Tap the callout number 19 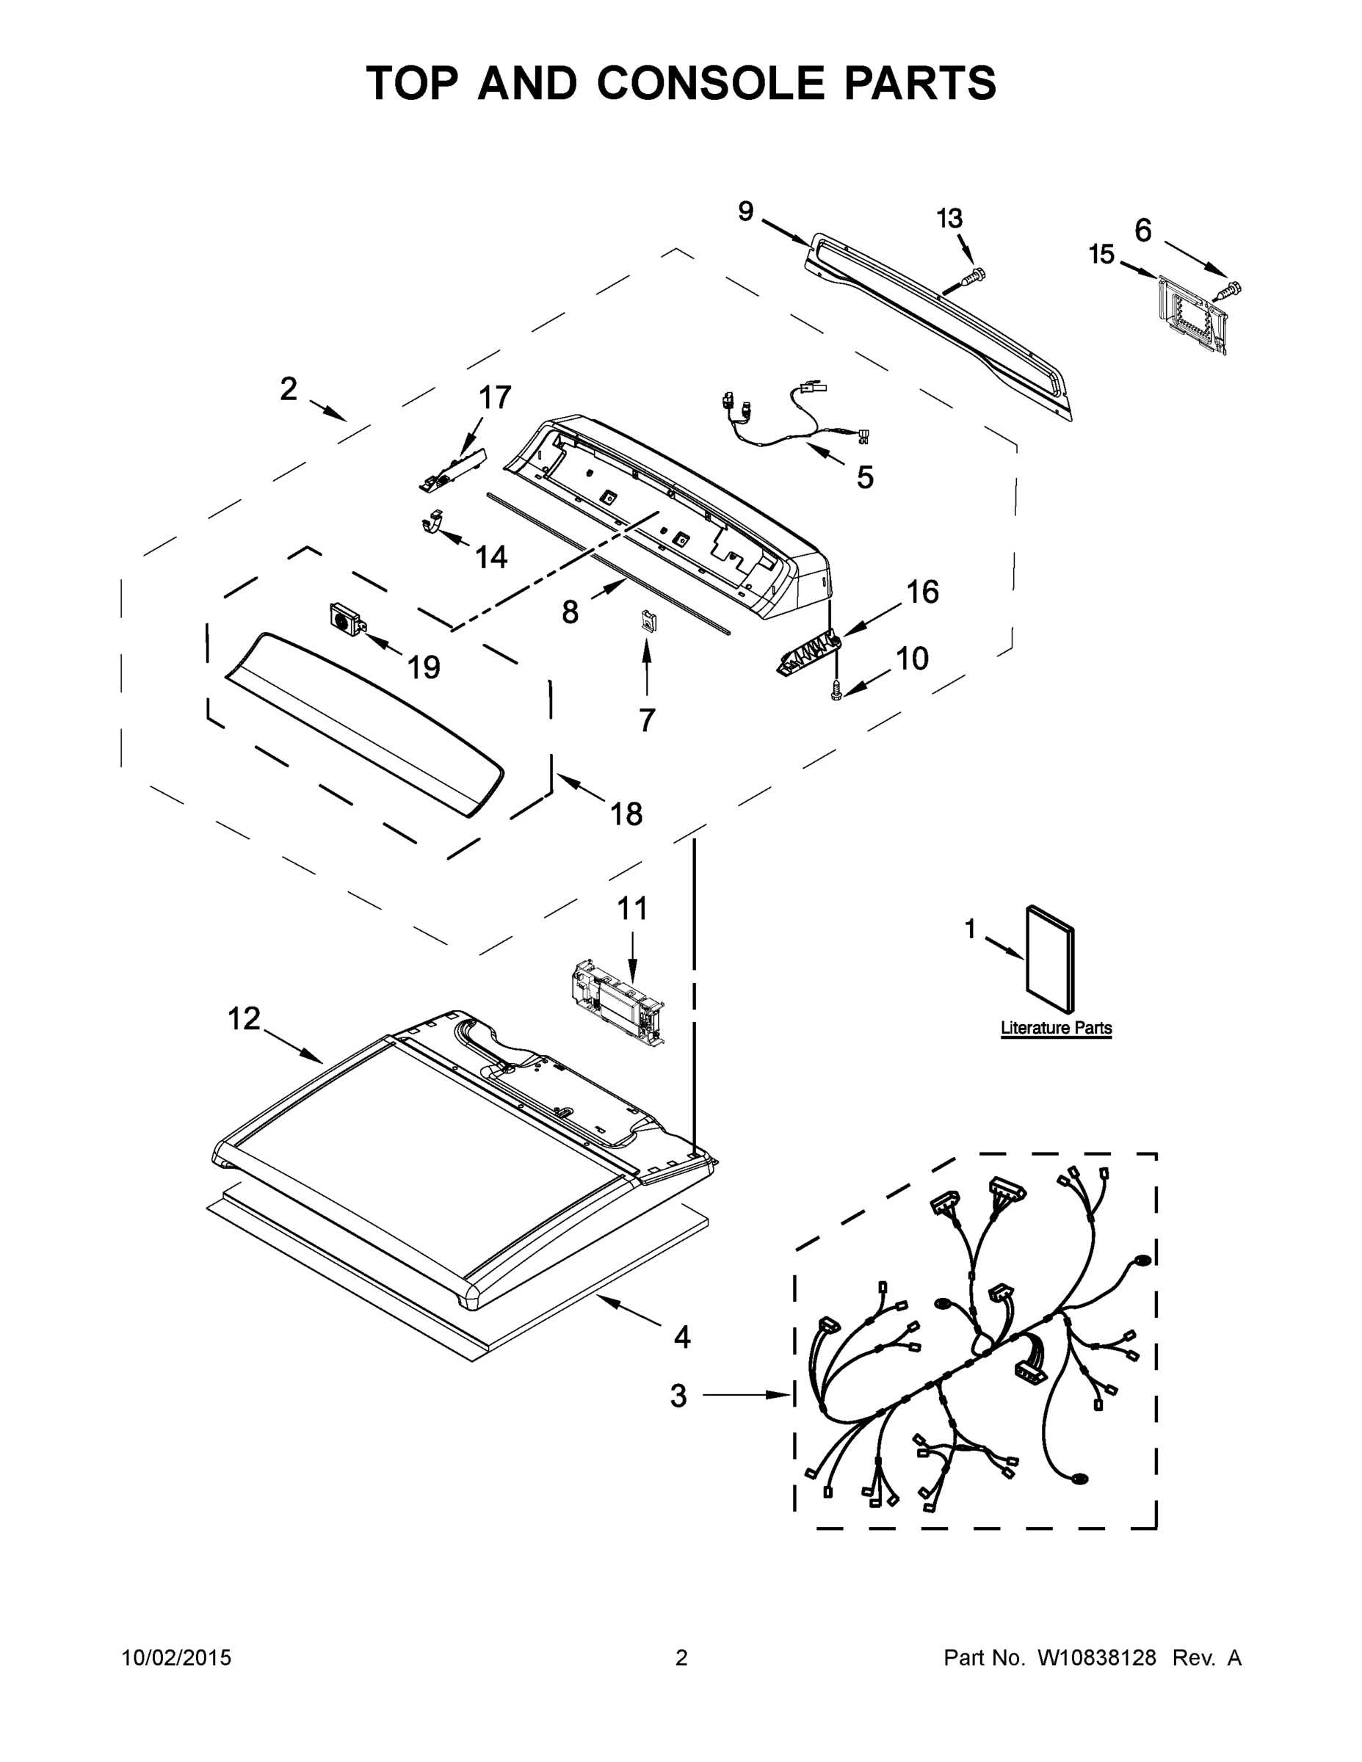coord(423,667)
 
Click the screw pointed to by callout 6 coord(1230,289)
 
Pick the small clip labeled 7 coord(646,620)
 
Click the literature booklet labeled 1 coord(1050,958)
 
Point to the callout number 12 coord(244,1019)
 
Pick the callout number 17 coord(495,398)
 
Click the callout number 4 coord(682,1337)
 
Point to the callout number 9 coord(745,211)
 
